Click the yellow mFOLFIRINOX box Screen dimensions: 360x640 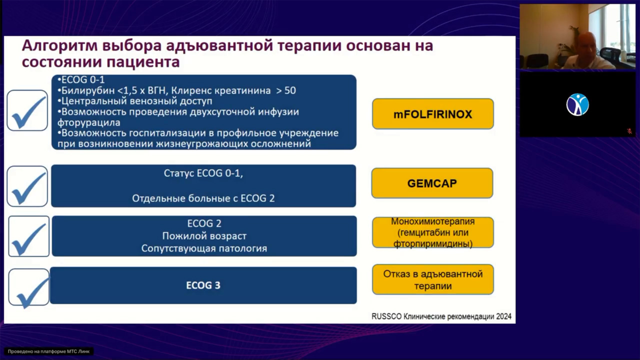pos(432,114)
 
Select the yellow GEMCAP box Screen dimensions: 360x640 pos(432,183)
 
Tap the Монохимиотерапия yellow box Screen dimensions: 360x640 pos(432,232)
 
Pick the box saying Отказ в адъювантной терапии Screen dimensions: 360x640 pos(432,279)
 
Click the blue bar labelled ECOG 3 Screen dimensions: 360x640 pos(203,285)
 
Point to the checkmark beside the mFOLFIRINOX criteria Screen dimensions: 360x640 pos(28,110)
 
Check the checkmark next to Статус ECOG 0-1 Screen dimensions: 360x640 pos(28,186)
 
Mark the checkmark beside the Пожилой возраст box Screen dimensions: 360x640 pos(29,236)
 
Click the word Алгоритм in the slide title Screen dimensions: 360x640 pos(58,46)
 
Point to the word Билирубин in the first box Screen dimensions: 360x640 pos(83,90)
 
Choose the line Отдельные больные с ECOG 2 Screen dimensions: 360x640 pos(203,198)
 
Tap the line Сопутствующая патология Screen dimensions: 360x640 pos(204,248)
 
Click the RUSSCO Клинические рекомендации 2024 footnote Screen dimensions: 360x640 pos(441,316)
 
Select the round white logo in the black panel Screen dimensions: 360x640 pos(577,104)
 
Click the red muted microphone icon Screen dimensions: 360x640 pos(629,131)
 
